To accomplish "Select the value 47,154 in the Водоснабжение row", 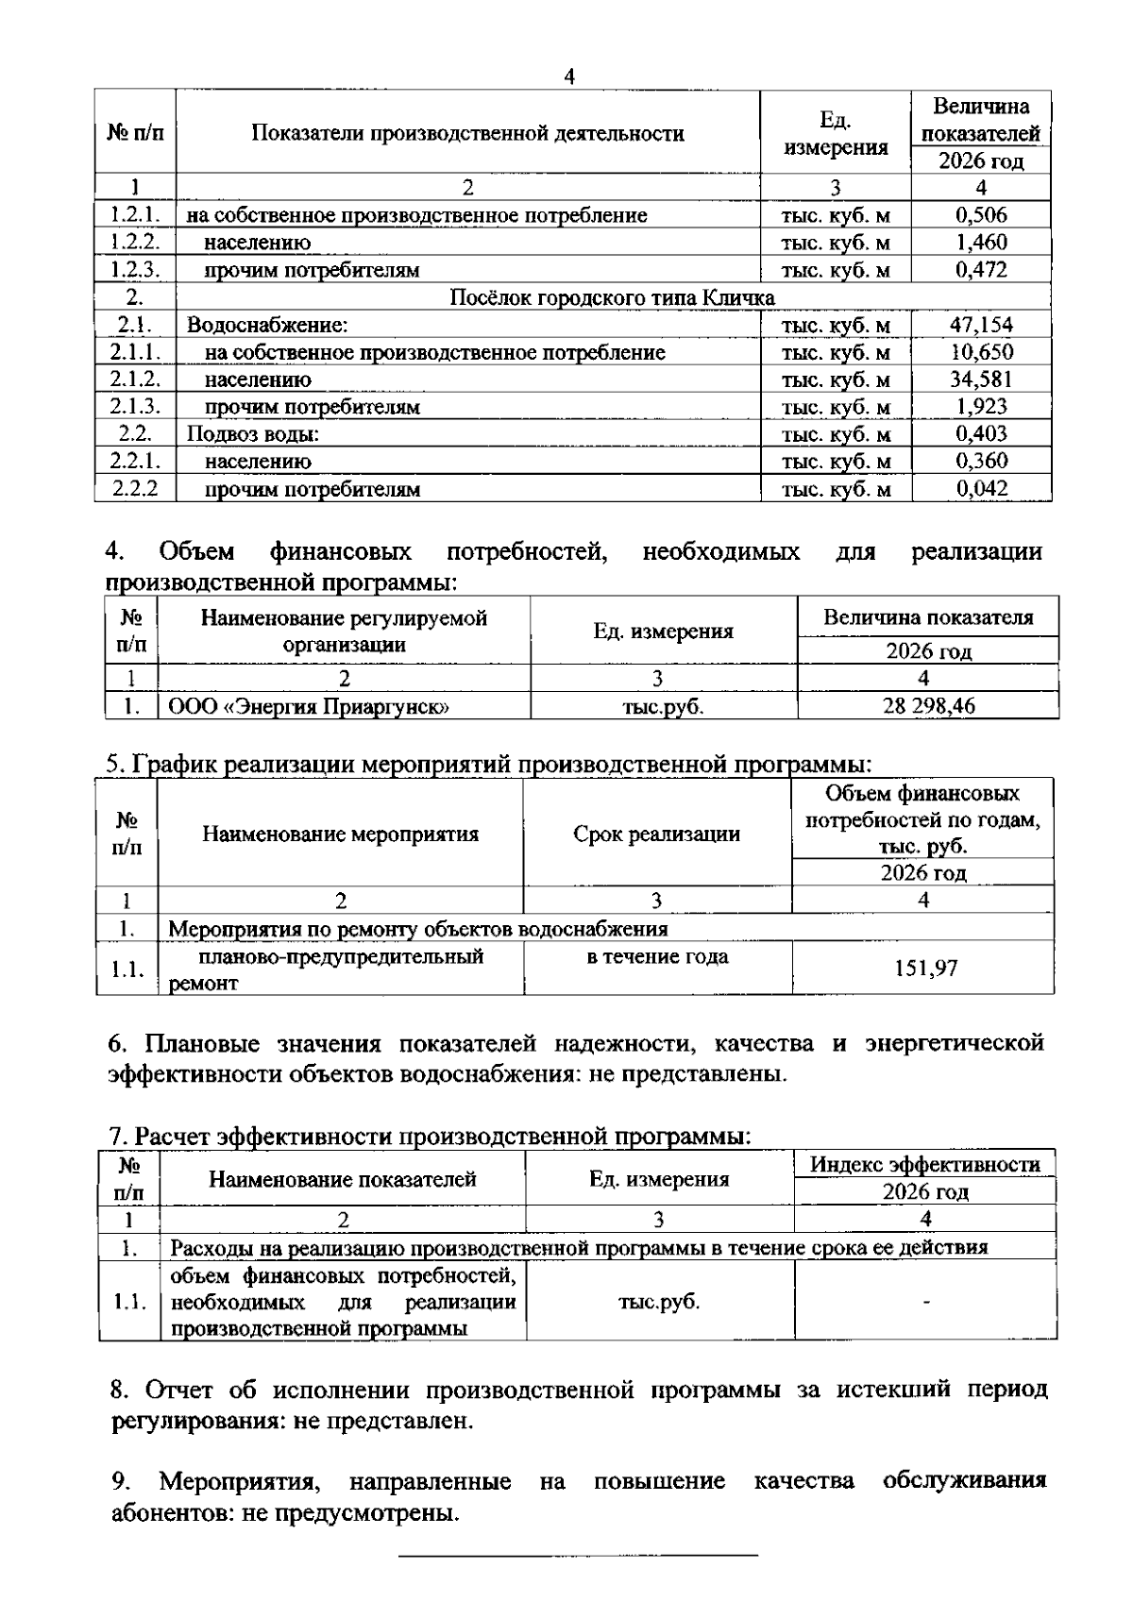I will [x=981, y=325].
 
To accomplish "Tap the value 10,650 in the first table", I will [x=981, y=352].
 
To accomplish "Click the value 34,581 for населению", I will [x=981, y=379].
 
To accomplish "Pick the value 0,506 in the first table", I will [x=981, y=215].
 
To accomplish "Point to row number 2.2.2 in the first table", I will [x=134, y=489].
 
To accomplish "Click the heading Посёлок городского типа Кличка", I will [x=612, y=297].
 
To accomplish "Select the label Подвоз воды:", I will [x=253, y=434].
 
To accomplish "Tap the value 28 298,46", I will [x=928, y=705].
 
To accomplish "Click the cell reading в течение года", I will [x=657, y=957].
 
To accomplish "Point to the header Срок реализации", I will [x=656, y=834].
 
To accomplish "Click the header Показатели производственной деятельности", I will [x=467, y=133].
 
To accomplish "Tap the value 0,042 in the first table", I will [x=981, y=489].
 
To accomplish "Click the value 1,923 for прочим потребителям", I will [x=981, y=407].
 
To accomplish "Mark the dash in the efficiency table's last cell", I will [x=926, y=1303].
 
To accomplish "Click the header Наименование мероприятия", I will [x=340, y=834].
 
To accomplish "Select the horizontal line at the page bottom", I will [x=578, y=1554].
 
